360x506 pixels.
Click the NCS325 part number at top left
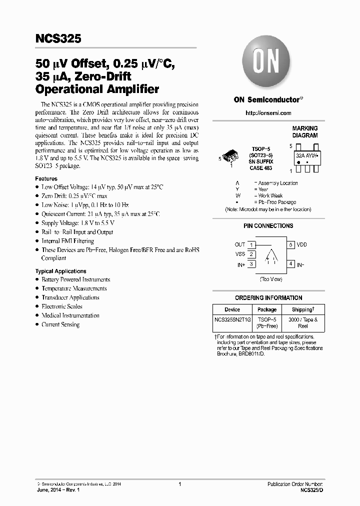pos(58,38)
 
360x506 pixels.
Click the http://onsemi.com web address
pos(268,113)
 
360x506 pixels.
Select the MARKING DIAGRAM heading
pos(304,132)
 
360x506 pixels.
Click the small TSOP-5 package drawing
pos(230,155)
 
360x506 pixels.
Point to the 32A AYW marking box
pos(305,155)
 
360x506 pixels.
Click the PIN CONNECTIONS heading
pos(268,226)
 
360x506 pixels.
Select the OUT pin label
pos(240,245)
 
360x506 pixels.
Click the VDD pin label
pos(302,245)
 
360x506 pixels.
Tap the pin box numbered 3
pos(251,264)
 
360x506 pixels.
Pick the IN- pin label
pos(300,264)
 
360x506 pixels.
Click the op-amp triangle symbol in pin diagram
pos(270,255)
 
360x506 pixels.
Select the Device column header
pos(232,309)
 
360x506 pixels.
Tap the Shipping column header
pos(303,309)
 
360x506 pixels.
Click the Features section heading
pos(46,178)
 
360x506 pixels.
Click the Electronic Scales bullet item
pos(62,306)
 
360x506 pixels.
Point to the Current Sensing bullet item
pos(60,324)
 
